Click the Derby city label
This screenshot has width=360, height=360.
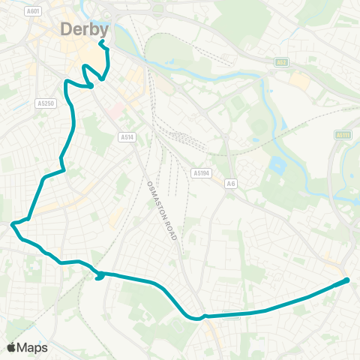pos(85,30)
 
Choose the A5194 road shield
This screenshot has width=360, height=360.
pos(200,172)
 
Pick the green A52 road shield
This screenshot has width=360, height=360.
pos(281,62)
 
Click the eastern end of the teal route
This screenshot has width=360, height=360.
pos(347,280)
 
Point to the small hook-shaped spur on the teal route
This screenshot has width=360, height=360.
pos(99,278)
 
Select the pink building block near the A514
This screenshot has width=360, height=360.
pos(114,112)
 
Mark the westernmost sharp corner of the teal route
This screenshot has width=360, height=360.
pos(12,223)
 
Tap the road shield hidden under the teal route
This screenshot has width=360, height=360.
pos(232,316)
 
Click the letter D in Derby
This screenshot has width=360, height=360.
pos(67,30)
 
